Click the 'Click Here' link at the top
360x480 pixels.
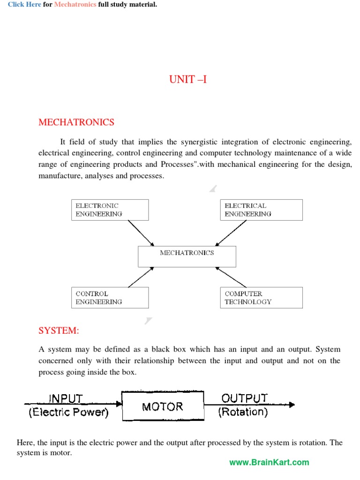pos(24,5)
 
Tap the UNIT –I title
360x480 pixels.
pos(187,79)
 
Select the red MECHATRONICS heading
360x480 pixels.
pos(76,122)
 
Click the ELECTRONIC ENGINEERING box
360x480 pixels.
pos(110,210)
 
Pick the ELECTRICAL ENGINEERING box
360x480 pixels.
pos(261,210)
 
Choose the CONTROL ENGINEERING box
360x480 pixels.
pos(110,298)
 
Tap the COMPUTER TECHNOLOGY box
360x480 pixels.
pos(261,298)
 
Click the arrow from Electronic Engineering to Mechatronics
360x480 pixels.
pos(141,233)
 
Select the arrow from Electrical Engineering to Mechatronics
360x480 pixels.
pos(231,233)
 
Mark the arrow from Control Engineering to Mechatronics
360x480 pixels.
pos(141,277)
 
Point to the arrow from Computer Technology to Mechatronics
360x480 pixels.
pos(231,277)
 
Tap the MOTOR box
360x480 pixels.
pos(163,406)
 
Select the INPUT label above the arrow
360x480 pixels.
pos(66,398)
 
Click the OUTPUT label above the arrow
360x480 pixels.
pos(245,398)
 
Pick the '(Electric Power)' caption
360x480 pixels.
pos(68,412)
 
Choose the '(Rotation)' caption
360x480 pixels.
pos(243,412)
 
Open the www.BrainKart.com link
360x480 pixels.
pos(269,462)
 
